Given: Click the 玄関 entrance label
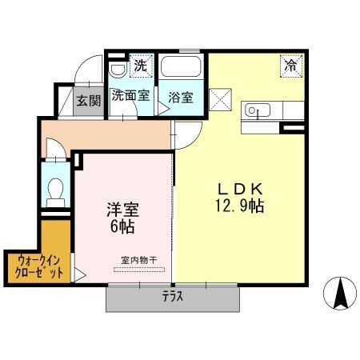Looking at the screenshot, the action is click(x=89, y=101).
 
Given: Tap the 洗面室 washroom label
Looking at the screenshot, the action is click(x=130, y=95).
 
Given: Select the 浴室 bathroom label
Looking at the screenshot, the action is click(x=181, y=98).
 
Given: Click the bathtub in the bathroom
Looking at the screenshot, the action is click(x=181, y=66).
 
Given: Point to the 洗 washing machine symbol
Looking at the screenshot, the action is click(x=141, y=66).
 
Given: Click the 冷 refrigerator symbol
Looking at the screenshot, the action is click(x=291, y=66).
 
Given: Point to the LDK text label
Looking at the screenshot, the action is click(x=241, y=189).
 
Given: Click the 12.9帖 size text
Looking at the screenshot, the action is click(x=239, y=206).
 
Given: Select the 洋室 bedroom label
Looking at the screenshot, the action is click(x=123, y=210).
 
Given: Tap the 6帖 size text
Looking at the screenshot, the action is click(x=122, y=226).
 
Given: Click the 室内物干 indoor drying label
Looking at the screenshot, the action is click(x=138, y=260).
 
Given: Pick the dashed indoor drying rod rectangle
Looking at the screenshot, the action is click(x=139, y=270).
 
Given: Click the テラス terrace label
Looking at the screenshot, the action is click(x=173, y=296).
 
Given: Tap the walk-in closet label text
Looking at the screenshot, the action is click(x=39, y=267).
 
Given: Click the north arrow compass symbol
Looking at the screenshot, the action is click(x=340, y=294).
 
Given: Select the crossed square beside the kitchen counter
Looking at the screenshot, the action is click(x=220, y=99).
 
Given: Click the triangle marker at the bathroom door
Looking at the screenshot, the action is click(x=163, y=109).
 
